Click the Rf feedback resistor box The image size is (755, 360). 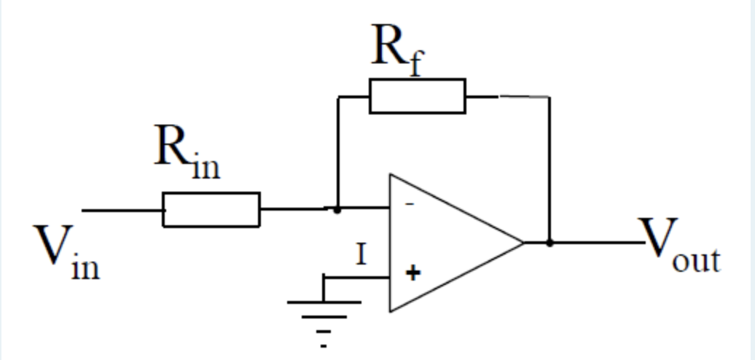[417, 96]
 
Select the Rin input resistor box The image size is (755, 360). [211, 210]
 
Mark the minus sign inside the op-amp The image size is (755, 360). [410, 205]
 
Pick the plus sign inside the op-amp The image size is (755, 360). [413, 273]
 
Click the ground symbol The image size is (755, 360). [324, 313]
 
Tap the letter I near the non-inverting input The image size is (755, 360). [360, 256]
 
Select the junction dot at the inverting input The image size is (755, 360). [337, 210]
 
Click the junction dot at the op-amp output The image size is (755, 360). [549, 242]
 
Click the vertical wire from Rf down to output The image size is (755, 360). [549, 168]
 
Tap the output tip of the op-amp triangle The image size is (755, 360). [523, 242]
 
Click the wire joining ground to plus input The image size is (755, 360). [357, 278]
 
